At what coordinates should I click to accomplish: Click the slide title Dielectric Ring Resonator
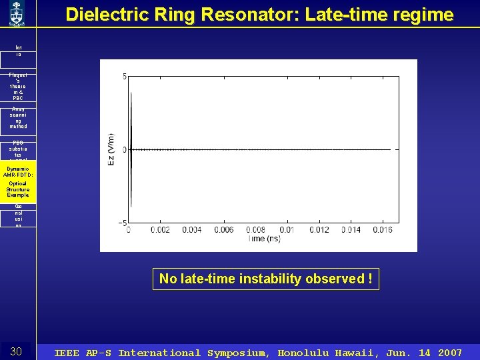pyautogui.click(x=259, y=15)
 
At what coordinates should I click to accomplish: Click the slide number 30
pyautogui.click(x=17, y=351)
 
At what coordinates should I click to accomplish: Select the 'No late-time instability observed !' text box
pyautogui.click(x=266, y=279)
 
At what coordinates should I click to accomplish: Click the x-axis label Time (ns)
pyautogui.click(x=264, y=239)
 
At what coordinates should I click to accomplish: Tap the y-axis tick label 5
pyautogui.click(x=124, y=77)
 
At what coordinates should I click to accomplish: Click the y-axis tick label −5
pyautogui.click(x=122, y=222)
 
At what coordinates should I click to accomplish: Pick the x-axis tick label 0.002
pyautogui.click(x=160, y=230)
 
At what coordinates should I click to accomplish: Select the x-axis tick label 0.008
pyautogui.click(x=255, y=230)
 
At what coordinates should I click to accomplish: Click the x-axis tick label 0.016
pyautogui.click(x=381, y=230)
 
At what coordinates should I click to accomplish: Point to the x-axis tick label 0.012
pyautogui.click(x=318, y=230)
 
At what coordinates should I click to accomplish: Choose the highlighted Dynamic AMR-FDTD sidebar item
pyautogui.click(x=18, y=182)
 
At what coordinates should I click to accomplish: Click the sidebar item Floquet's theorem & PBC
pyautogui.click(x=18, y=87)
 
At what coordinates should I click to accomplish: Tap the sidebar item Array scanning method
pyautogui.click(x=18, y=118)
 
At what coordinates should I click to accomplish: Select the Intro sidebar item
pyautogui.click(x=18, y=51)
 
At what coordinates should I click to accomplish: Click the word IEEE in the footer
pyautogui.click(x=68, y=353)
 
